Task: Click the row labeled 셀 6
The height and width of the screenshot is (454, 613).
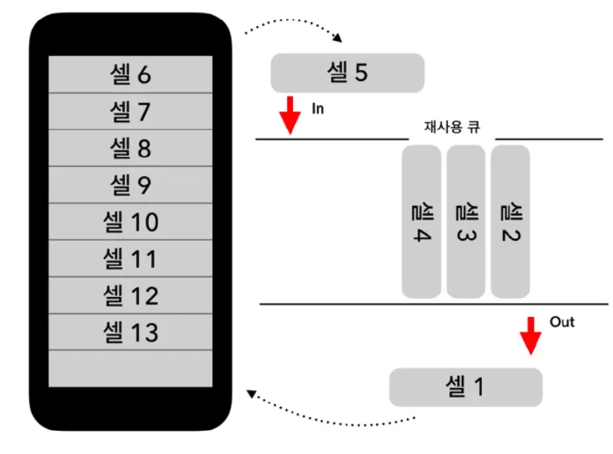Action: pyautogui.click(x=130, y=74)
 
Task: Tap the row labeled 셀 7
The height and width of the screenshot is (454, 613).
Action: pyautogui.click(x=130, y=112)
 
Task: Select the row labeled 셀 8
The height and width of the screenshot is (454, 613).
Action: pyautogui.click(x=130, y=148)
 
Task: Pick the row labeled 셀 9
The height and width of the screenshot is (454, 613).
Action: pyautogui.click(x=130, y=185)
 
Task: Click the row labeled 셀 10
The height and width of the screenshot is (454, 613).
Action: pyautogui.click(x=130, y=222)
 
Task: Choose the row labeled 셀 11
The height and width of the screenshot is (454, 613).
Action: pyautogui.click(x=130, y=258)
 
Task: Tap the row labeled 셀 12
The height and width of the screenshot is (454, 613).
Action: pyautogui.click(x=130, y=295)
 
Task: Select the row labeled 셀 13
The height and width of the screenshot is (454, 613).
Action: pyautogui.click(x=130, y=331)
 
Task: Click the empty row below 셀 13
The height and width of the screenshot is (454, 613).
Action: pyautogui.click(x=130, y=368)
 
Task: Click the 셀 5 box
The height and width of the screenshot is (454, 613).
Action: pyautogui.click(x=347, y=73)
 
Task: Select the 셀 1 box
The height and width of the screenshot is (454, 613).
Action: pyautogui.click(x=466, y=387)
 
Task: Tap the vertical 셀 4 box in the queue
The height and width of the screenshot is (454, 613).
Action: pyautogui.click(x=421, y=221)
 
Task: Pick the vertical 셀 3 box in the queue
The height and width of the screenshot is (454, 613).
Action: pyautogui.click(x=466, y=221)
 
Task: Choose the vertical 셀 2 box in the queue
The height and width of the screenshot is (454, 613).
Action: pyautogui.click(x=510, y=221)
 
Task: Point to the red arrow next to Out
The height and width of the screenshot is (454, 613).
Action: pyautogui.click(x=530, y=336)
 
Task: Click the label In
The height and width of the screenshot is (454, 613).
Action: pyautogui.click(x=318, y=109)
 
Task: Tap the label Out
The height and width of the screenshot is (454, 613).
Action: pyautogui.click(x=562, y=322)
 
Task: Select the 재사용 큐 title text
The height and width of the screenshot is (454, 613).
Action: pyautogui.click(x=452, y=127)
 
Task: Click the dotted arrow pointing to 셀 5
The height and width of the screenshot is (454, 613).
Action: pyautogui.click(x=294, y=28)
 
